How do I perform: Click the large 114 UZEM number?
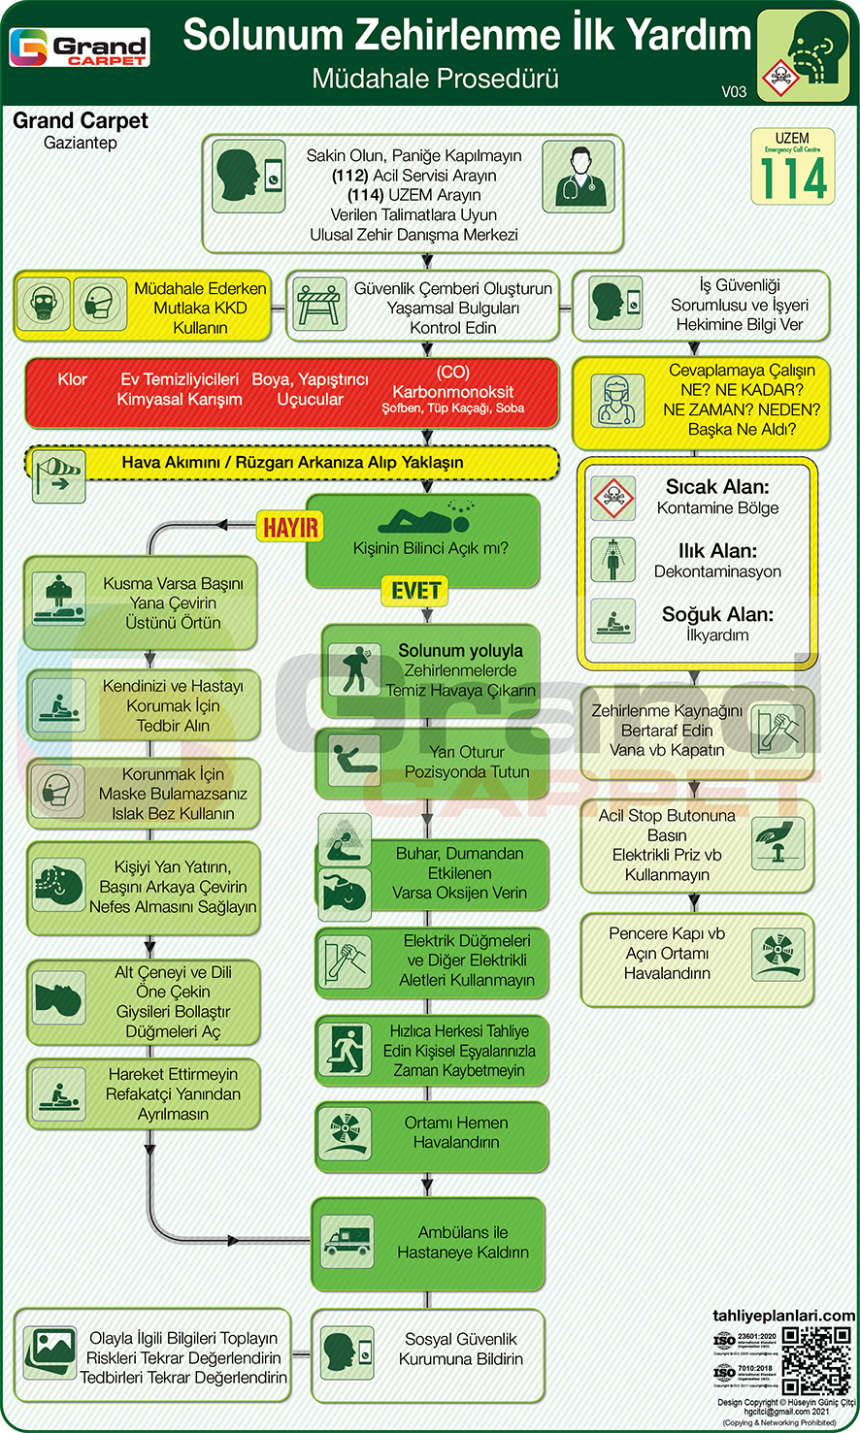click(793, 178)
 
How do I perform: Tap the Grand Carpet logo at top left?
click(79, 48)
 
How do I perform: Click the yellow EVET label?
click(415, 591)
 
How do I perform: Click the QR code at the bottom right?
click(817, 1360)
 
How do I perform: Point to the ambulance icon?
click(347, 1242)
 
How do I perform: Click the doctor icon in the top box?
click(579, 177)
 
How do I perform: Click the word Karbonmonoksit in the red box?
click(452, 392)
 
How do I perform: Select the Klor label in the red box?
click(73, 379)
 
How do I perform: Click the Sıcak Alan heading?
click(717, 487)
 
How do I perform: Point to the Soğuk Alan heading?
click(717, 614)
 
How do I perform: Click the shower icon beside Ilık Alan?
click(613, 560)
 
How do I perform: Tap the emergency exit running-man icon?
click(347, 1051)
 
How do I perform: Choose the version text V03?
click(734, 91)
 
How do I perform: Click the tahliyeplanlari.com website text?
click(783, 1317)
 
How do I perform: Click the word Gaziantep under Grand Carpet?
click(81, 143)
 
